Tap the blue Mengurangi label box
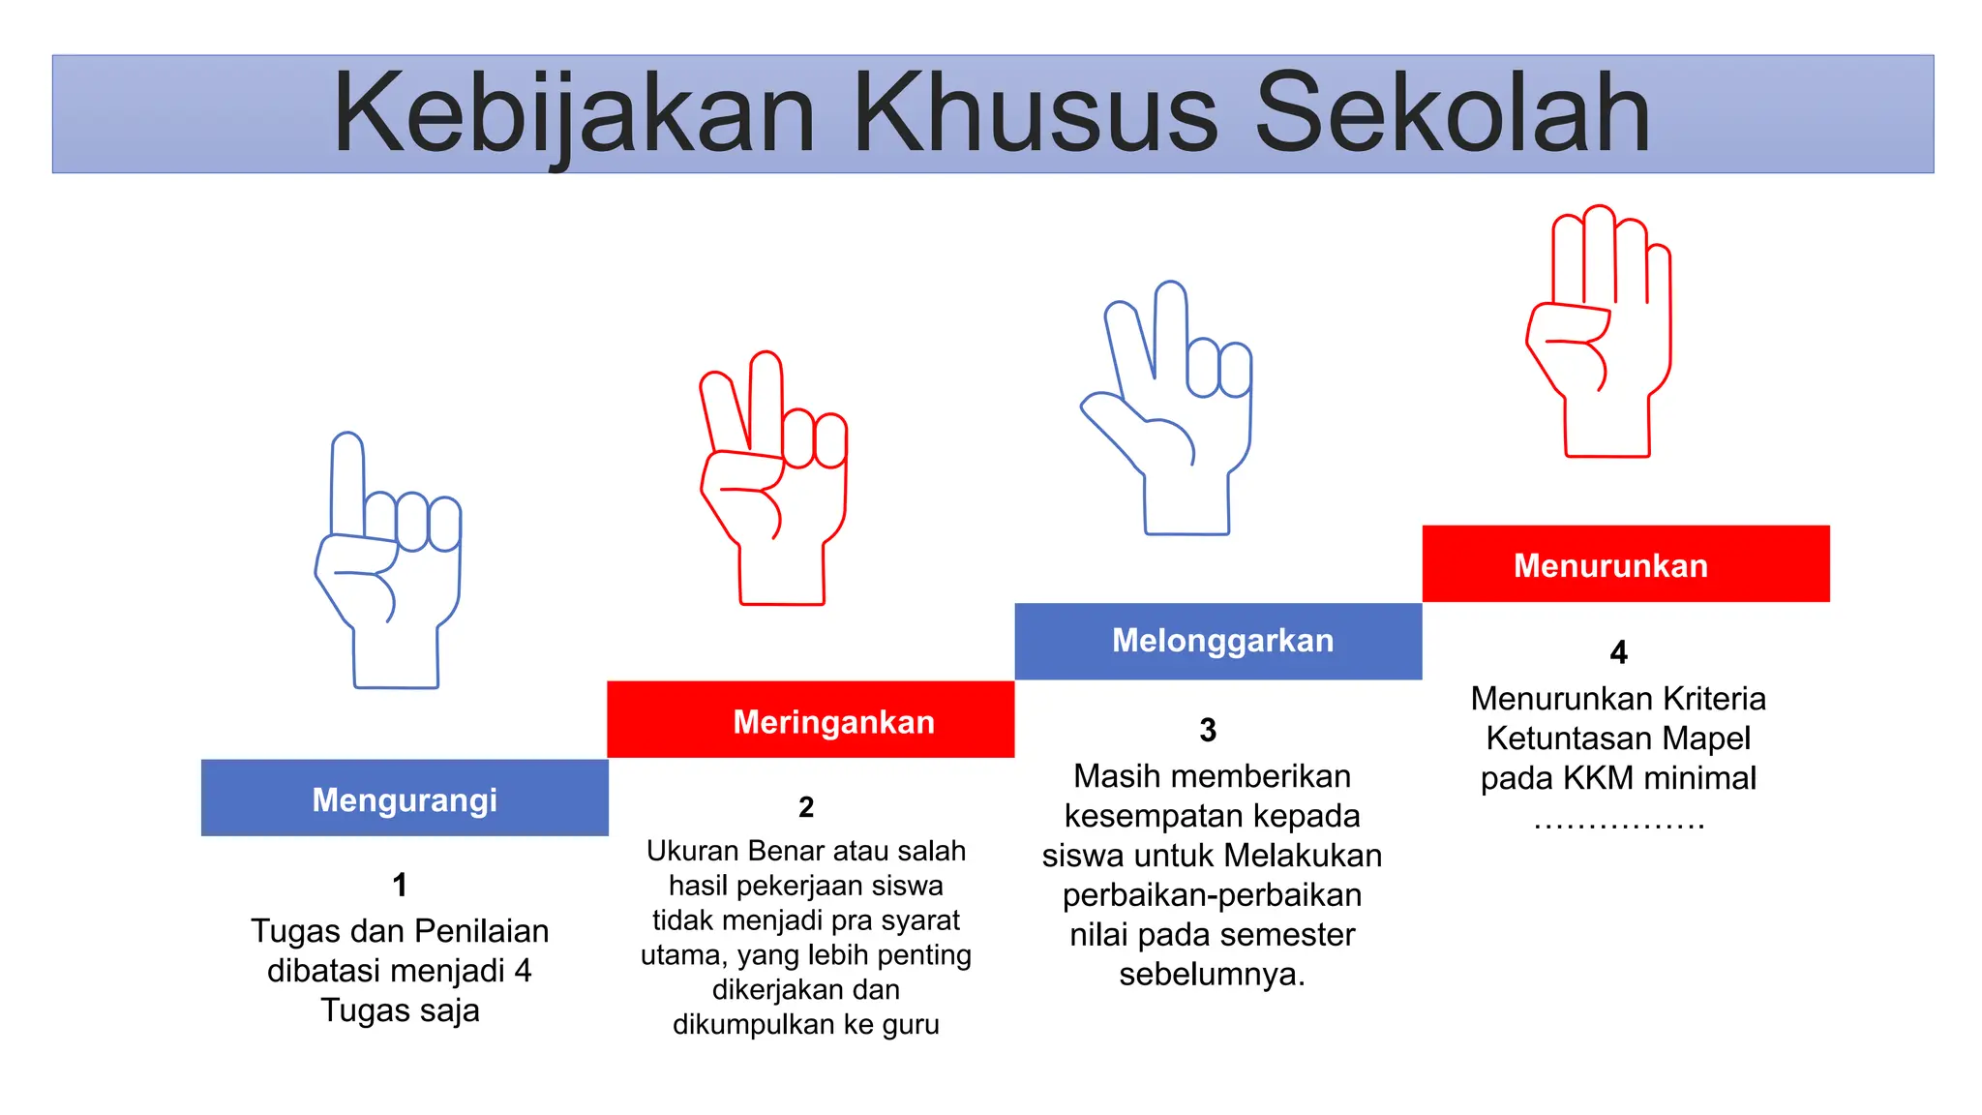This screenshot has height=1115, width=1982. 405,799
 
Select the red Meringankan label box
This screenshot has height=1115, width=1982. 811,720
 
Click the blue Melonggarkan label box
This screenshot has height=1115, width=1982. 1218,641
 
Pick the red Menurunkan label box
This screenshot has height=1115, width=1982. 1626,564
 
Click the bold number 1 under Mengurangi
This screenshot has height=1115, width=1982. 400,885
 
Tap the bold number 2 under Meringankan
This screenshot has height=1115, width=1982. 806,807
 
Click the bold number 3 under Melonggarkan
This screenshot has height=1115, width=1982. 1208,730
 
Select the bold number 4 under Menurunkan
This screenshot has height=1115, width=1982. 1618,652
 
